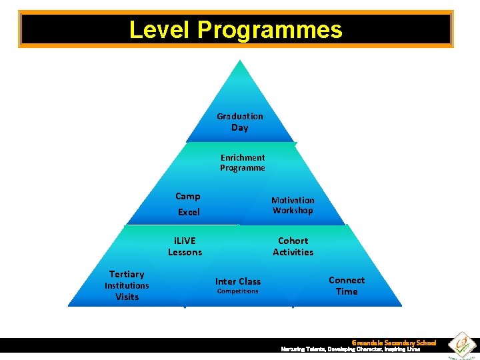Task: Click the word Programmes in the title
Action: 269,30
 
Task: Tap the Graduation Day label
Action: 240,122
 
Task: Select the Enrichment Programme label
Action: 243,163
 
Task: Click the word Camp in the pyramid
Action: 187,196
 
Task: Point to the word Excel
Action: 189,212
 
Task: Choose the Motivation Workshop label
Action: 293,205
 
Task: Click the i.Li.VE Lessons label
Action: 185,246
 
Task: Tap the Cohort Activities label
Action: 293,246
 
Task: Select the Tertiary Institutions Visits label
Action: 127,285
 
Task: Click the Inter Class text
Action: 238,281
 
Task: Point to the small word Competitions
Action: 237,291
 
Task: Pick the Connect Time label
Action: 347,286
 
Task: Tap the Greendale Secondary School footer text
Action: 393,343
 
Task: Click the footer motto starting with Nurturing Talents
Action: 350,349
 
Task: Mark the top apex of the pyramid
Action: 238,61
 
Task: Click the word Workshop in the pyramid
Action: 293,211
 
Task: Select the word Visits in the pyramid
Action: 127,297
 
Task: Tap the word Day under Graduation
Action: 240,128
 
